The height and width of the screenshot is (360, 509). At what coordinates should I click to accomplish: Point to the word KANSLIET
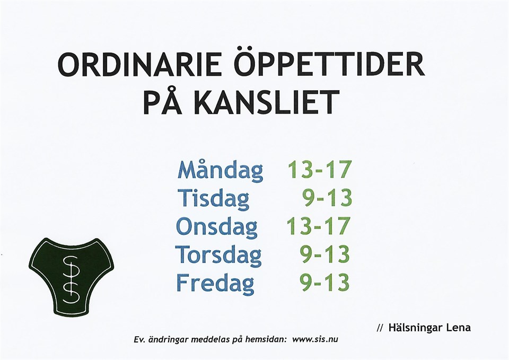(x=266, y=102)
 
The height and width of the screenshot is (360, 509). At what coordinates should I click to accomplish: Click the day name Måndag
(x=221, y=169)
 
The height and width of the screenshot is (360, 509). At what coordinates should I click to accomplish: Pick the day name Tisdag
(x=213, y=198)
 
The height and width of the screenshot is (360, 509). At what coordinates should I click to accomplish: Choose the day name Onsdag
(x=216, y=226)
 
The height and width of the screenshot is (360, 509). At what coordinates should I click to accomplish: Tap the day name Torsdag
(x=218, y=254)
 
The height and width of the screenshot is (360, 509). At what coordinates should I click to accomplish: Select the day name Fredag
(x=215, y=283)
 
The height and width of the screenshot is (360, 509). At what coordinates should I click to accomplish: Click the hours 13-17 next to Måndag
(x=320, y=169)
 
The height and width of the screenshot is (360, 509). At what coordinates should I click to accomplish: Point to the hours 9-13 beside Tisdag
(x=327, y=198)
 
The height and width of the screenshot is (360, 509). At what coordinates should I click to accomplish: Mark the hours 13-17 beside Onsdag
(x=319, y=226)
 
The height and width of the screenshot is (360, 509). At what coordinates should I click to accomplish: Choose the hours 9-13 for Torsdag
(x=325, y=254)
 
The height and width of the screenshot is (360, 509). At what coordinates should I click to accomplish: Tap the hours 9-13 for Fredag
(x=325, y=282)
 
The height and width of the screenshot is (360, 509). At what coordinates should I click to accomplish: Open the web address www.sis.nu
(x=315, y=339)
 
